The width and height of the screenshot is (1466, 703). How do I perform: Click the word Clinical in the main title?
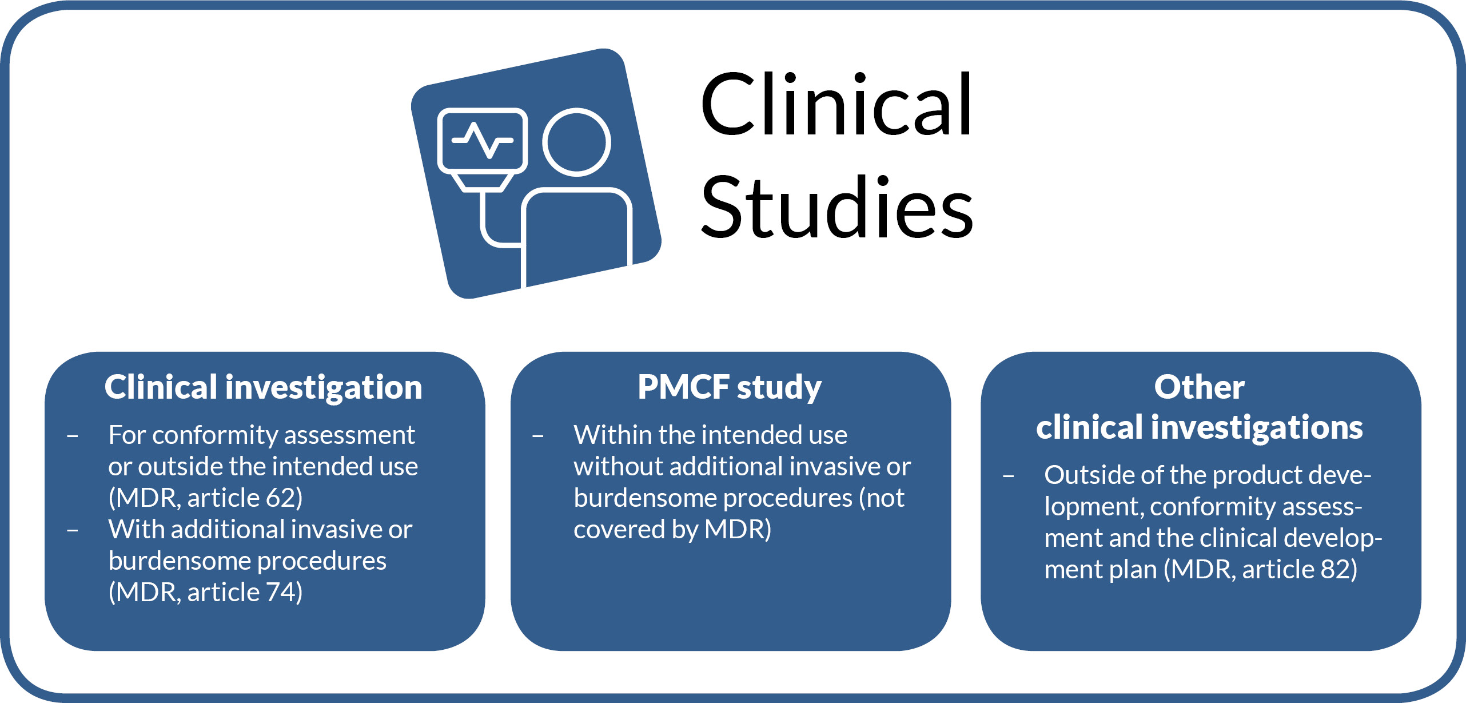[836, 105]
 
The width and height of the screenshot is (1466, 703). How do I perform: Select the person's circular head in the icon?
[576, 142]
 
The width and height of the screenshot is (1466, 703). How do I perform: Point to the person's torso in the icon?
[576, 235]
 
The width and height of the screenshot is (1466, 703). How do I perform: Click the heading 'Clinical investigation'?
[263, 387]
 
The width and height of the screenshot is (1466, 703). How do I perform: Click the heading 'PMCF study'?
[730, 387]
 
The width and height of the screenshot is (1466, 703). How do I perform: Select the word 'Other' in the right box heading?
[1199, 387]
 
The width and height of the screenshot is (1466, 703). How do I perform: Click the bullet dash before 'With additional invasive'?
[73, 531]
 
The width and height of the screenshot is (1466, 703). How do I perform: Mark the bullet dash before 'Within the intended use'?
[538, 437]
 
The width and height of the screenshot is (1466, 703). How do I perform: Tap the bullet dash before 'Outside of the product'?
[1009, 476]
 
